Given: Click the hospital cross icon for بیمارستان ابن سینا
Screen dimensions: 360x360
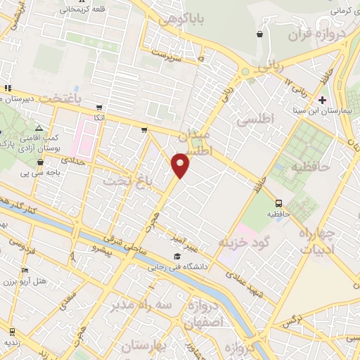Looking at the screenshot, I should (x=323, y=101).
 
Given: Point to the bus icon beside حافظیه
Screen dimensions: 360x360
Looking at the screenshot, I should (x=278, y=204).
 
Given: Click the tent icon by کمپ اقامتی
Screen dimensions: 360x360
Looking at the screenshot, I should (x=39, y=128).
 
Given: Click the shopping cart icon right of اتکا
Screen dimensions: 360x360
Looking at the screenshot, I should (x=144, y=129).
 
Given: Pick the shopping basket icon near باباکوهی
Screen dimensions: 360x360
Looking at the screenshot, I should (x=259, y=34).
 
